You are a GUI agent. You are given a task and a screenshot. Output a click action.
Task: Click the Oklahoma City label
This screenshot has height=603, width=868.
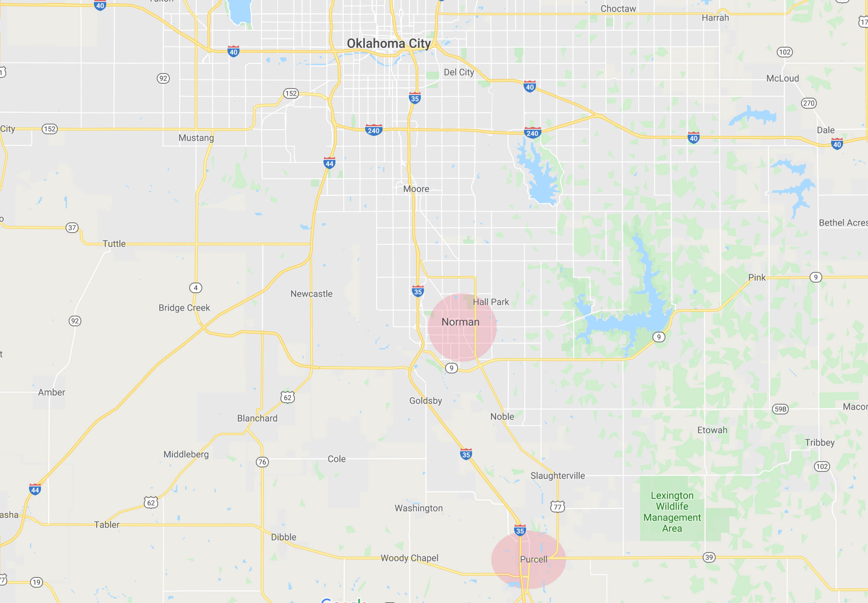(388, 43)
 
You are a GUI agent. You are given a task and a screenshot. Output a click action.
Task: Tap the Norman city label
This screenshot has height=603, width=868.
(460, 322)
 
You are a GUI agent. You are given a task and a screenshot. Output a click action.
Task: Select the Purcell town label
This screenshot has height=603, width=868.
(533, 559)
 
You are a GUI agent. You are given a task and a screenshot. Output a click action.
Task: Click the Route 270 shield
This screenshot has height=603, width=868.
(808, 103)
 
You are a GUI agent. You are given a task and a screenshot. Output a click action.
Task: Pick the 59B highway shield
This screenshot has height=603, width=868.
(780, 409)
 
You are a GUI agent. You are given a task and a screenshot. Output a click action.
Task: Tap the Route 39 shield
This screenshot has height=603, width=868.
(709, 557)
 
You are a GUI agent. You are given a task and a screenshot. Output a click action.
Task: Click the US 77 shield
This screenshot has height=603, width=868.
(557, 507)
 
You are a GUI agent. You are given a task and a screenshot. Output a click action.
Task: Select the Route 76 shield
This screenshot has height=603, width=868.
(262, 462)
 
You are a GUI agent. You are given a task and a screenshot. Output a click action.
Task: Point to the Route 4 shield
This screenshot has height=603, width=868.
(196, 288)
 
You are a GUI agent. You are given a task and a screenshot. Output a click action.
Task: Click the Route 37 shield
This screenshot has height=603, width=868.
(72, 228)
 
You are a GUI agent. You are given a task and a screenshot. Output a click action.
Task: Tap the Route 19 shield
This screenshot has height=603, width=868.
(36, 582)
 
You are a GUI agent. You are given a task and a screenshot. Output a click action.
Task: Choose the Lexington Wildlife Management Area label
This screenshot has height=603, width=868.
(672, 511)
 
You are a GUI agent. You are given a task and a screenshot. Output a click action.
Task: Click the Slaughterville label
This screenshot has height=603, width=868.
(557, 476)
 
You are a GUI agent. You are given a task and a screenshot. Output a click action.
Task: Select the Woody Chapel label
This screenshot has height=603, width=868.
(410, 558)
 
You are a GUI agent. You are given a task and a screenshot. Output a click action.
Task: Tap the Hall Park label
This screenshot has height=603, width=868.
(491, 302)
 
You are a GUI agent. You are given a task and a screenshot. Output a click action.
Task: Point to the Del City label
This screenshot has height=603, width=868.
(458, 72)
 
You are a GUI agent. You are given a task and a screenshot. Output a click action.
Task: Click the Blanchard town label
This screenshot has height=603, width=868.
(257, 418)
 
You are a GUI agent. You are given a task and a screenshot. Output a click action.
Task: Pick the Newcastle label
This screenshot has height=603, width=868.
(311, 293)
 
